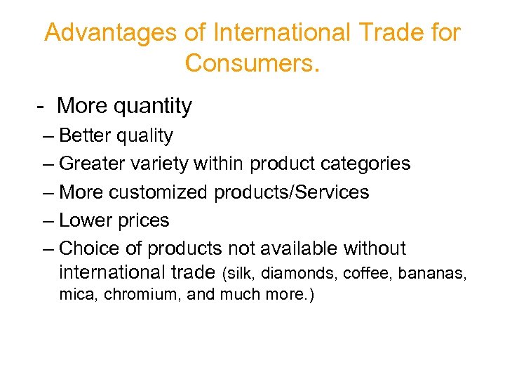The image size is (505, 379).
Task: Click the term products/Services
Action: tap(292, 192)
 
